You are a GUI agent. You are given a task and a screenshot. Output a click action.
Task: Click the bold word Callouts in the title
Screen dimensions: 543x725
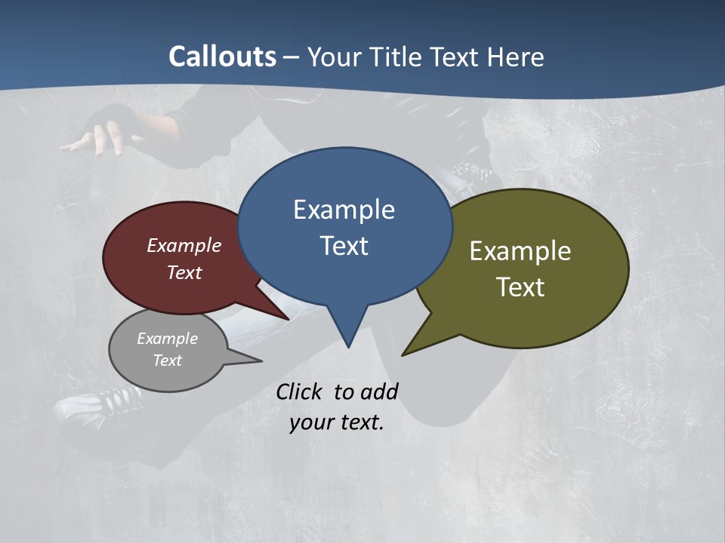point(222,57)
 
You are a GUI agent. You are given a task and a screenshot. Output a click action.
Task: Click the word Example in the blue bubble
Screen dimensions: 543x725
point(344,210)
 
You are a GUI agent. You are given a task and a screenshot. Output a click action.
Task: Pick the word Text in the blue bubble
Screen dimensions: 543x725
point(344,246)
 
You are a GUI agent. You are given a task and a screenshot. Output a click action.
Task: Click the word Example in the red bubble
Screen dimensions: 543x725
point(184,245)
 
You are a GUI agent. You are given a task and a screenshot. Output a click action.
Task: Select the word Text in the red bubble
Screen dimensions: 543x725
point(184,272)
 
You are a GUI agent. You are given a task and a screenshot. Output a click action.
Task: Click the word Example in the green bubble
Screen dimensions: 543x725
point(520,251)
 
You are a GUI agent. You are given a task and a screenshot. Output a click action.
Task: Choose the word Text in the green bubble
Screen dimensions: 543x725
point(520,287)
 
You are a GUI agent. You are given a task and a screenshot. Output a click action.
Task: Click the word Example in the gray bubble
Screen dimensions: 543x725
point(168,339)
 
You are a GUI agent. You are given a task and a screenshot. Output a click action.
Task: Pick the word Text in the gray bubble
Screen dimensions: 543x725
point(168,360)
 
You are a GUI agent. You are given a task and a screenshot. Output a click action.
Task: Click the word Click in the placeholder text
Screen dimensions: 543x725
point(301,391)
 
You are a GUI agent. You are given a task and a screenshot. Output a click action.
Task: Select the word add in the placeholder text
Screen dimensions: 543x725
point(379,391)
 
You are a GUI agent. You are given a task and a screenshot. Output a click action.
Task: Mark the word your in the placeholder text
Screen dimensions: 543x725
point(310,422)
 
